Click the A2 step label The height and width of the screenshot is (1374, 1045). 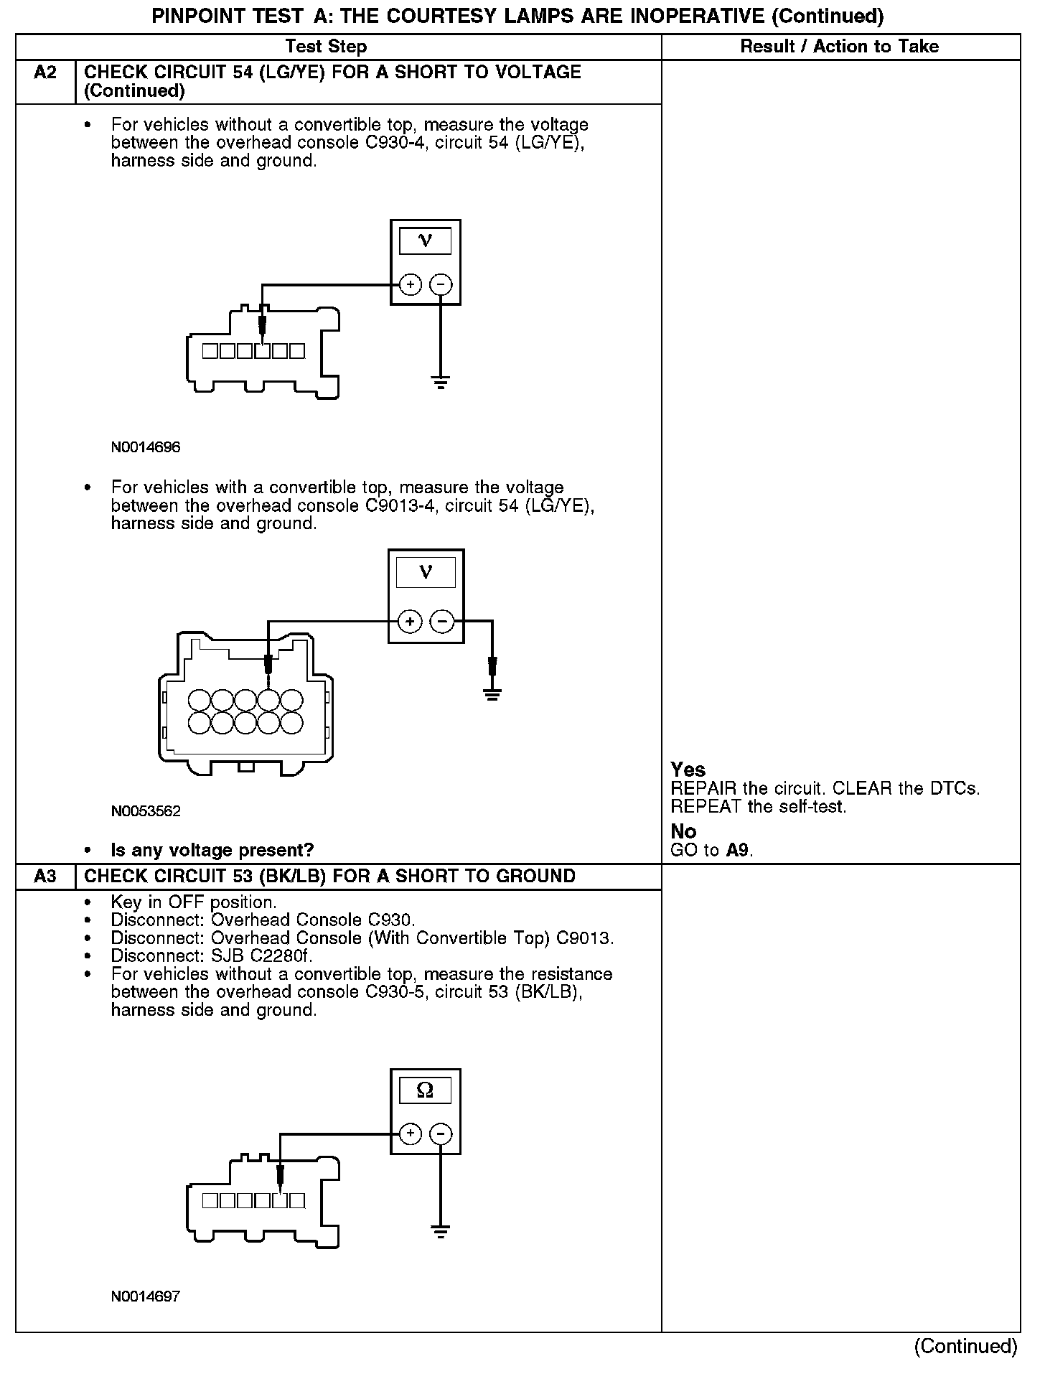tap(44, 73)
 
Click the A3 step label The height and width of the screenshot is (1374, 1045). tap(44, 877)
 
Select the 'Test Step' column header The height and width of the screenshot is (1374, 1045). tap(326, 47)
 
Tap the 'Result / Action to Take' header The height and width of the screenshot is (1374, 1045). tap(839, 47)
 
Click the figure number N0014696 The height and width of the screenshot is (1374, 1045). tap(146, 447)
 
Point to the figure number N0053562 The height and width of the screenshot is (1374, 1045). tap(146, 811)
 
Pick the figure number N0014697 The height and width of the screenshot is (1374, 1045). tap(146, 1296)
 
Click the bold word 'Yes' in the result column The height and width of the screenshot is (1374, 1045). tap(688, 770)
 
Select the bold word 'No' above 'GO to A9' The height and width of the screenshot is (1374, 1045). tap(683, 831)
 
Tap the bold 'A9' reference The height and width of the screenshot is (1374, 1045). tap(738, 851)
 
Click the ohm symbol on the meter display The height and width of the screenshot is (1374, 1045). tap(425, 1091)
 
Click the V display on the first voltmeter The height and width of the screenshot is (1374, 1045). tap(425, 241)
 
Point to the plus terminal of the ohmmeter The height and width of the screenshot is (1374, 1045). tap(410, 1134)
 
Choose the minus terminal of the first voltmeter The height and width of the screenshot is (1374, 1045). tap(441, 285)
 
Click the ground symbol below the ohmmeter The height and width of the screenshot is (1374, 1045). tap(441, 1233)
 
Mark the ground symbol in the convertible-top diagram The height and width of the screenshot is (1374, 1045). tap(492, 694)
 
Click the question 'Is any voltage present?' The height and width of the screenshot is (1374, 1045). tap(212, 851)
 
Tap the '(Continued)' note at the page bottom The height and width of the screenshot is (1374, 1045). tap(966, 1346)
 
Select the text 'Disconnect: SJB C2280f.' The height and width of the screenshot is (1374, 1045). tap(212, 956)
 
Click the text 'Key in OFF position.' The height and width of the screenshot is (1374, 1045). tap(194, 902)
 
